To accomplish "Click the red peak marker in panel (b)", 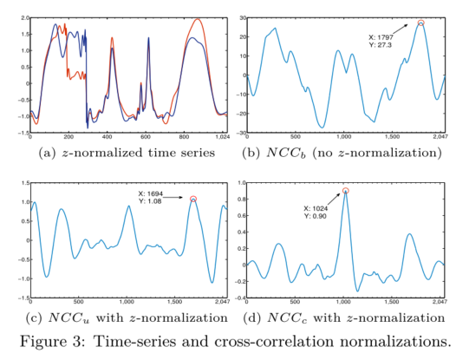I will [421, 23].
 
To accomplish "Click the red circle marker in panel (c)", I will [193, 199].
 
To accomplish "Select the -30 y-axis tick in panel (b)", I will [240, 132].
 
